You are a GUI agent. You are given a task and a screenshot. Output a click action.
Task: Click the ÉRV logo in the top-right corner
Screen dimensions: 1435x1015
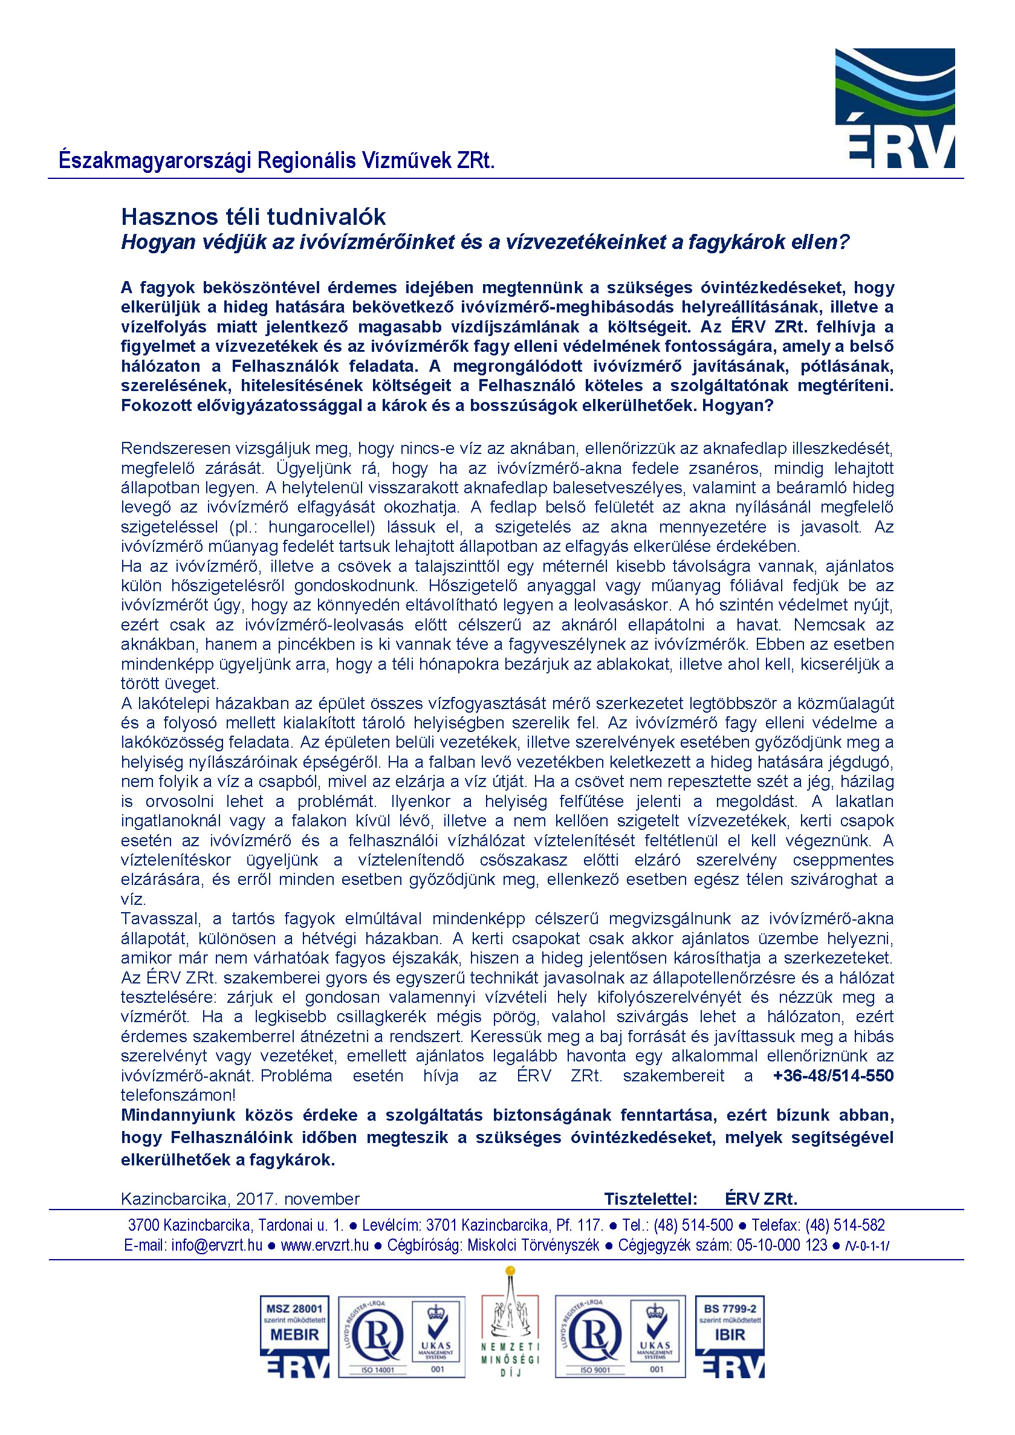click(894, 108)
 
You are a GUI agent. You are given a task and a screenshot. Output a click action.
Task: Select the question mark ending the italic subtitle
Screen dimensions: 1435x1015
click(845, 242)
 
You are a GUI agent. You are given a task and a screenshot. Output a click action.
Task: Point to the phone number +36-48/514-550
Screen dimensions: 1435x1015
click(832, 1075)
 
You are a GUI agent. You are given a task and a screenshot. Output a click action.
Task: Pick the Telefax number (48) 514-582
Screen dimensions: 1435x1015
click(845, 1225)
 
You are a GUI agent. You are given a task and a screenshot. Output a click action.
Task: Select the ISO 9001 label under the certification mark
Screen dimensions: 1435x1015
click(595, 1370)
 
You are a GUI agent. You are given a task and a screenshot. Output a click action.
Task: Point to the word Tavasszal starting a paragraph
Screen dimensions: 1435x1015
click(161, 918)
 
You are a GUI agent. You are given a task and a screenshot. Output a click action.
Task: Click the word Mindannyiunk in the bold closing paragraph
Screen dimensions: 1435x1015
click(178, 1115)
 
